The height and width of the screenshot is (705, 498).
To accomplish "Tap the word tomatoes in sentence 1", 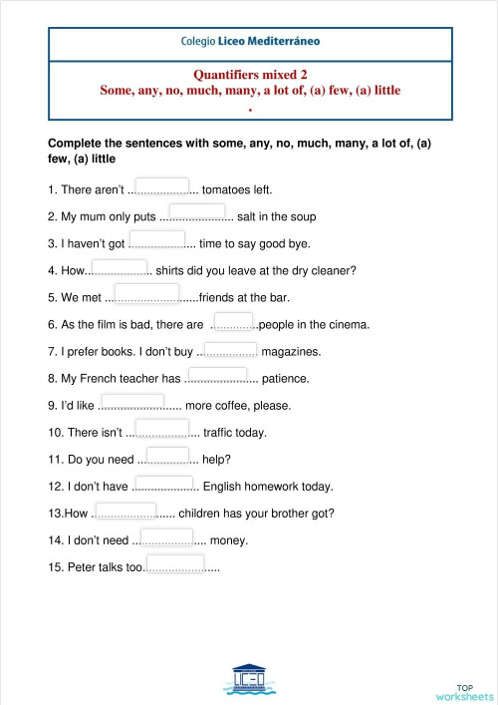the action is (x=227, y=189).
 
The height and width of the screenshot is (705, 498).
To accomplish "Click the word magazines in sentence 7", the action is (x=292, y=351).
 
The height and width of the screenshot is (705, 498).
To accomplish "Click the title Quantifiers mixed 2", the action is (x=250, y=75).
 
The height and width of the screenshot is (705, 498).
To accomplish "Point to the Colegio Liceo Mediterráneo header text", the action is (x=250, y=43).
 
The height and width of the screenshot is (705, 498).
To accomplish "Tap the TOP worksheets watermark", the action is (x=464, y=692).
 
